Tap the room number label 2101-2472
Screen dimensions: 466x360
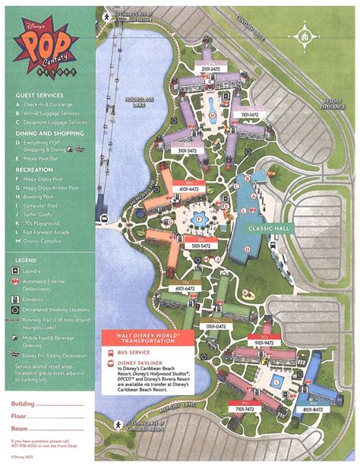211,68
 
